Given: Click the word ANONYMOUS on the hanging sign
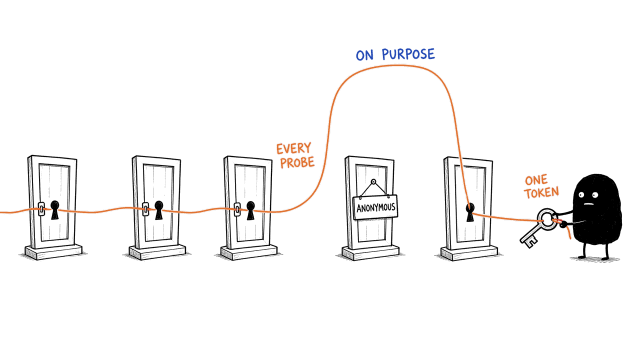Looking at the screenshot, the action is (x=375, y=207).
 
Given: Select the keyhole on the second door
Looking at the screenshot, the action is (x=159, y=210).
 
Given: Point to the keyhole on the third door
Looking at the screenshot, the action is (x=250, y=210).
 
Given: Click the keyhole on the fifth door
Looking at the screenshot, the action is (x=470, y=212).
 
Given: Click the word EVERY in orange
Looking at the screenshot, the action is (x=293, y=148).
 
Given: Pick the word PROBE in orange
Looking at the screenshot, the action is (x=297, y=162).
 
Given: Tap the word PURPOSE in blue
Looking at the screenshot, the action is (x=408, y=54).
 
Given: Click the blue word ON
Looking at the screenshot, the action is (x=364, y=55).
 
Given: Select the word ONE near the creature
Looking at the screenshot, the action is (x=536, y=180).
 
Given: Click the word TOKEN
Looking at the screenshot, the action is (x=541, y=192).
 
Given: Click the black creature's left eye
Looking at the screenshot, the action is (x=581, y=195).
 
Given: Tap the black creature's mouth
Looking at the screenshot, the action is (x=589, y=204).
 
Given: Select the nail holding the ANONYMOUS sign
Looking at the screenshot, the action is (x=373, y=181).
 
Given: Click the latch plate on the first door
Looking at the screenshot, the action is (x=41, y=209).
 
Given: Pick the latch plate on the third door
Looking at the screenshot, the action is (x=237, y=209).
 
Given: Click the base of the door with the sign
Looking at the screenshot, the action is (x=370, y=253).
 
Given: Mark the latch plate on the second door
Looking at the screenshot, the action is (x=145, y=209).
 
